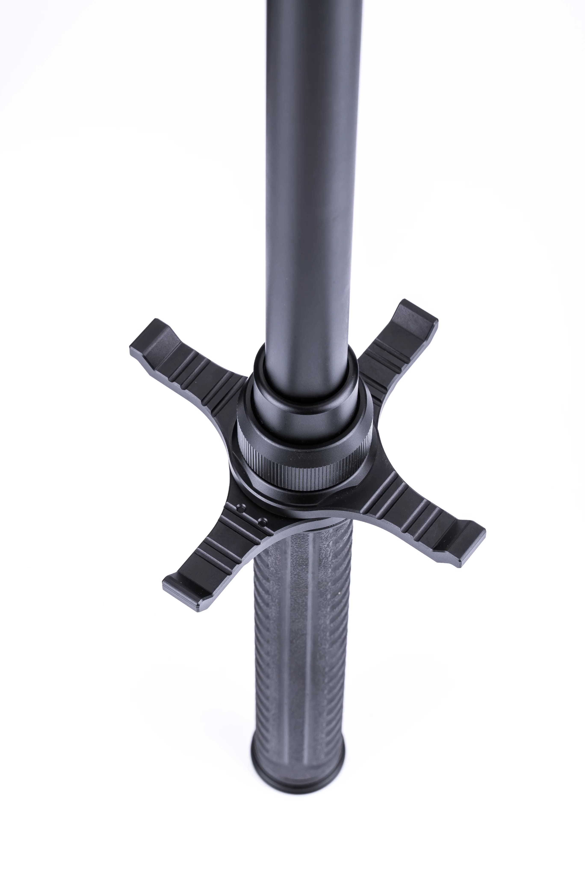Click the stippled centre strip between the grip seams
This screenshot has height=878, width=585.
(295, 672)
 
